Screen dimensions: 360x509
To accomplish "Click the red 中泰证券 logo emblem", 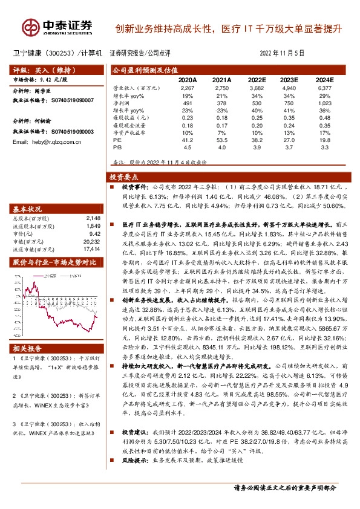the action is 32,27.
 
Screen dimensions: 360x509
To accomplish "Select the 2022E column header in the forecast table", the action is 257,80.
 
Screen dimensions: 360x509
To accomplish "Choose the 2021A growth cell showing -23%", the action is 223,110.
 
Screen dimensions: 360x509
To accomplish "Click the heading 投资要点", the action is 123,178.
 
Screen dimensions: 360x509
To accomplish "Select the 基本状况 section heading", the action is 28,207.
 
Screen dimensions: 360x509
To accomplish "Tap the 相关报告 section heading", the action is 28,348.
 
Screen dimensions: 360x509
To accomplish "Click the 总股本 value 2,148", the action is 93,218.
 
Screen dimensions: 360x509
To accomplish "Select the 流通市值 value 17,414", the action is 91,248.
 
